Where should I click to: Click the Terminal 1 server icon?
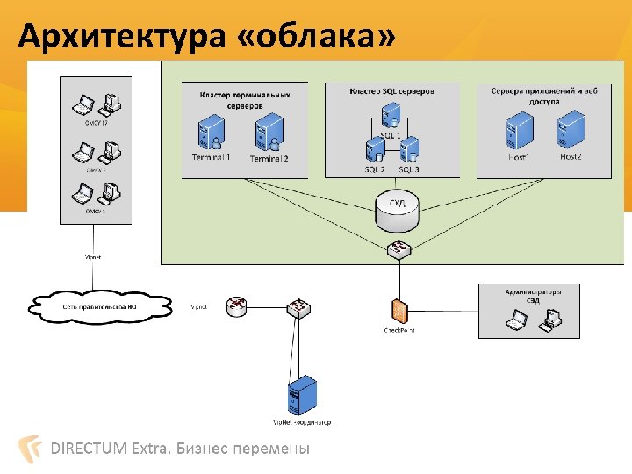tap(211, 134)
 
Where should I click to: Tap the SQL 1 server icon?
tap(391, 116)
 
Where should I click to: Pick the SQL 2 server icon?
tap(376, 150)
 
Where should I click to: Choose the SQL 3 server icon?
tap(409, 150)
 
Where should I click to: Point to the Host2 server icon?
tap(570, 131)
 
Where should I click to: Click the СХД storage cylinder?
tap(397, 205)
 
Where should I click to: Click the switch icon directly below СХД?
tap(398, 249)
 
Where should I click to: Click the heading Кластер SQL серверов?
tap(391, 90)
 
